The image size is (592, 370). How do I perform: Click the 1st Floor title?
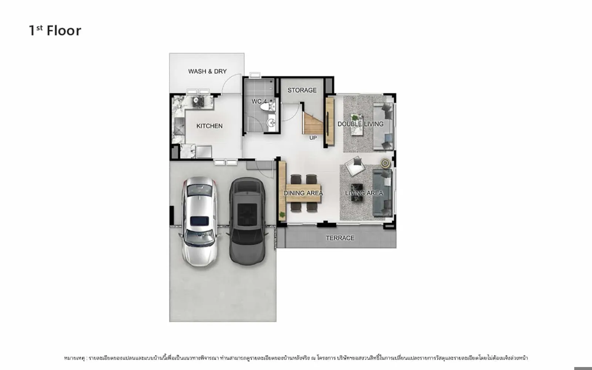pyautogui.click(x=55, y=30)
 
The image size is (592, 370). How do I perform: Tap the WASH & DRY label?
pyautogui.click(x=208, y=71)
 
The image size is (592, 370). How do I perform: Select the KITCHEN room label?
pyautogui.click(x=209, y=126)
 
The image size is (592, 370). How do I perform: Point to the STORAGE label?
pyautogui.click(x=302, y=90)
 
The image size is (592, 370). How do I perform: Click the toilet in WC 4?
pyautogui.click(x=267, y=107)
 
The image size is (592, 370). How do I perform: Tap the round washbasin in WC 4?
pyautogui.click(x=272, y=122)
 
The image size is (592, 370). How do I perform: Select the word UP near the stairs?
pyautogui.click(x=313, y=138)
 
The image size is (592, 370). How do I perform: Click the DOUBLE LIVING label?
pyautogui.click(x=360, y=124)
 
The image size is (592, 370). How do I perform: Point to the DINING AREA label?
pyautogui.click(x=303, y=193)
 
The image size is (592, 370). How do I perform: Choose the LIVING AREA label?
pyautogui.click(x=364, y=193)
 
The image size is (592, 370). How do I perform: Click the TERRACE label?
pyautogui.click(x=340, y=238)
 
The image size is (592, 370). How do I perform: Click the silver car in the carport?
pyautogui.click(x=199, y=222)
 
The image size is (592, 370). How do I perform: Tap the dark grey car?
pyautogui.click(x=247, y=221)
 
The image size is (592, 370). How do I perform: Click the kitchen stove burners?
pyautogui.click(x=198, y=102)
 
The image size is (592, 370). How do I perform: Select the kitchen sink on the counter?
pyautogui.click(x=179, y=127)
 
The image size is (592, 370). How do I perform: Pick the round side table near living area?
pyautogui.click(x=385, y=163)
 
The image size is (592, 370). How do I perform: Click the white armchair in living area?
pyautogui.click(x=355, y=166)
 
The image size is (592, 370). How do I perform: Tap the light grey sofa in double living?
pyautogui.click(x=383, y=126)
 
